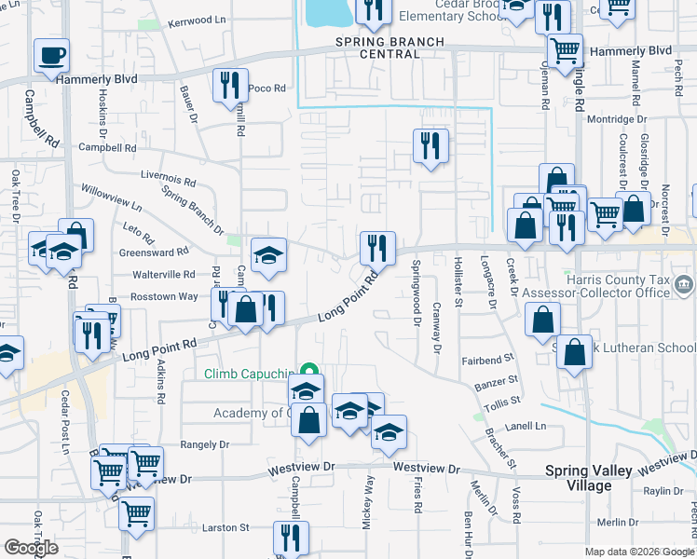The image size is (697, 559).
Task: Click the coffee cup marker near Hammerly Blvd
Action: click(x=51, y=56)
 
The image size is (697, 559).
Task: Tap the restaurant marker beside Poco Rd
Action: click(x=229, y=85)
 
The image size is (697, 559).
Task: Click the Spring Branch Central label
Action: click(x=390, y=48)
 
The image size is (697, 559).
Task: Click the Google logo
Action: click(x=31, y=548)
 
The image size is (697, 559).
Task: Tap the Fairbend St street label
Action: click(x=488, y=357)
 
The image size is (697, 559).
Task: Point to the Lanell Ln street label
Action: click(x=526, y=426)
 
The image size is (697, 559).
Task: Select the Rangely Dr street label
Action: click(x=204, y=444)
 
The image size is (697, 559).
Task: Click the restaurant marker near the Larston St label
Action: click(x=291, y=538)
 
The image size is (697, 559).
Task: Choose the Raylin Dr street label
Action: click(x=663, y=491)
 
